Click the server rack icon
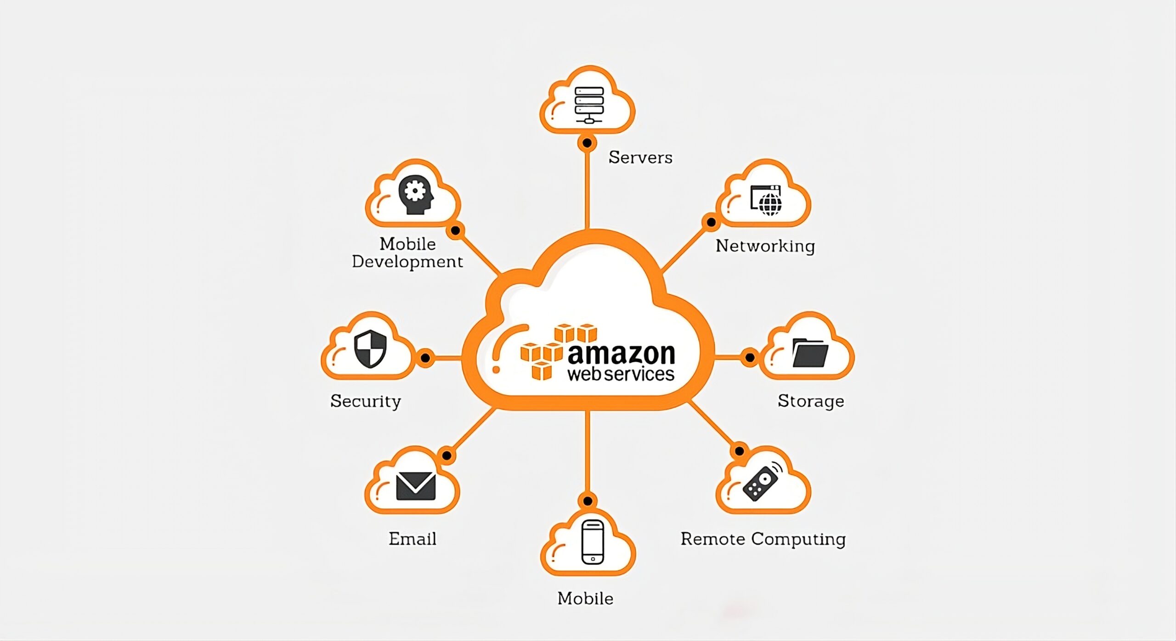tap(589, 105)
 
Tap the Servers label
tap(640, 157)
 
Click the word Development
tap(407, 262)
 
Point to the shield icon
tap(370, 349)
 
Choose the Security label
tap(366, 401)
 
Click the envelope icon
tap(416, 486)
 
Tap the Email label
tap(413, 539)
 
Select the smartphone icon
tap(593, 542)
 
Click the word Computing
tap(798, 540)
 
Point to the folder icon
tap(810, 353)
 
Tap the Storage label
tap(811, 401)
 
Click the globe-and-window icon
tap(766, 200)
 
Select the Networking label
tap(765, 246)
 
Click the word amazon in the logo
tap(622, 354)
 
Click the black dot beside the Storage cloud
tap(750, 357)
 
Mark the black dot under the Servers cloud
tap(587, 143)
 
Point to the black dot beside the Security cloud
tap(425, 357)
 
